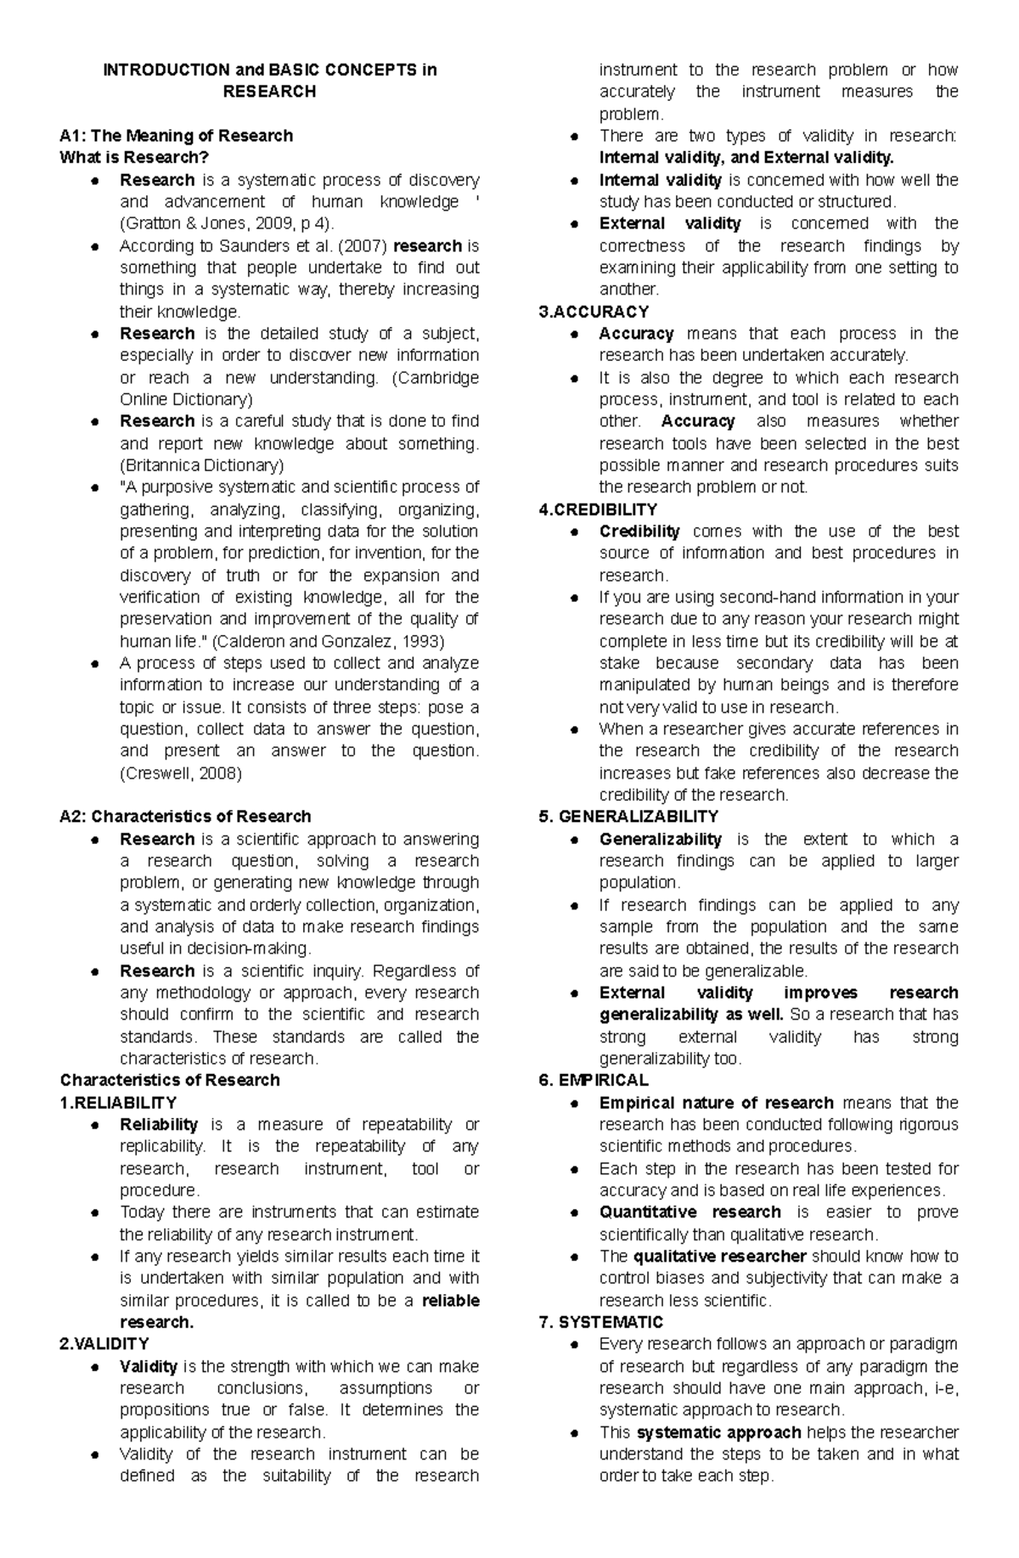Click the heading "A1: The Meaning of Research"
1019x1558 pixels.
coord(176,136)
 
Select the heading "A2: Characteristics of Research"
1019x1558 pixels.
coord(185,817)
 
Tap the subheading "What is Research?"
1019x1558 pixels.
coord(134,158)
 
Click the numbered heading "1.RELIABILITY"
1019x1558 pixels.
coord(118,1103)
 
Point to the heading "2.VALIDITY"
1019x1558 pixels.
coord(104,1344)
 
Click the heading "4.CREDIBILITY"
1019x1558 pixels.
coord(598,509)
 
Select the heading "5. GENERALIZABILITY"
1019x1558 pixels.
coord(628,817)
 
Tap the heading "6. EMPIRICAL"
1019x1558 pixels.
coord(594,1081)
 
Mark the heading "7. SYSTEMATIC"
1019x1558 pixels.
coord(601,1322)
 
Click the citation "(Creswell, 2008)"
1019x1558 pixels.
coord(181,773)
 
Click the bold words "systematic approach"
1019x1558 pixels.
coord(718,1432)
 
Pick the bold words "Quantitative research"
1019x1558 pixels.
coord(690,1212)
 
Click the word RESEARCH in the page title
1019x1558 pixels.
coord(269,92)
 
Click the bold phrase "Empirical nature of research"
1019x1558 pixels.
coord(716,1103)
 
